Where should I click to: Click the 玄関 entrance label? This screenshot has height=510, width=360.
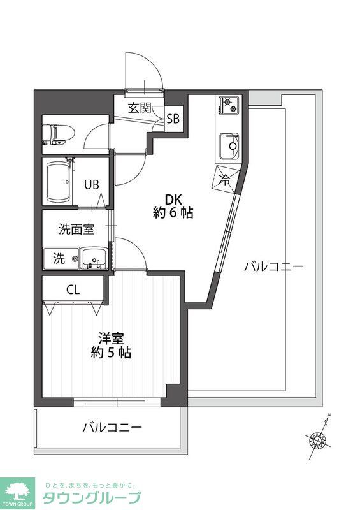(x=140, y=108)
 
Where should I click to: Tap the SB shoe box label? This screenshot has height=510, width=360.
(x=173, y=119)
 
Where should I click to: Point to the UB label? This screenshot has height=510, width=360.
(x=92, y=185)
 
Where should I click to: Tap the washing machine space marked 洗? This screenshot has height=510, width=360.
(x=59, y=259)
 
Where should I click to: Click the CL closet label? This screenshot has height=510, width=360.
(x=73, y=289)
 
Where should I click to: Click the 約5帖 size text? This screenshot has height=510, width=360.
(x=111, y=352)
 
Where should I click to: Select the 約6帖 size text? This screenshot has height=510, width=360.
(x=173, y=214)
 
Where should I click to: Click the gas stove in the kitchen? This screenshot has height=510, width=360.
(x=228, y=105)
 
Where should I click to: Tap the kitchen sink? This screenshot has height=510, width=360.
(x=229, y=145)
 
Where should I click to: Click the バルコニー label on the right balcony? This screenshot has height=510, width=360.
(x=274, y=266)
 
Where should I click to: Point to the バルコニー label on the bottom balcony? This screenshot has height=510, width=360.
(x=112, y=427)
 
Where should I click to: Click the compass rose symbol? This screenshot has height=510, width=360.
(x=318, y=439)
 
